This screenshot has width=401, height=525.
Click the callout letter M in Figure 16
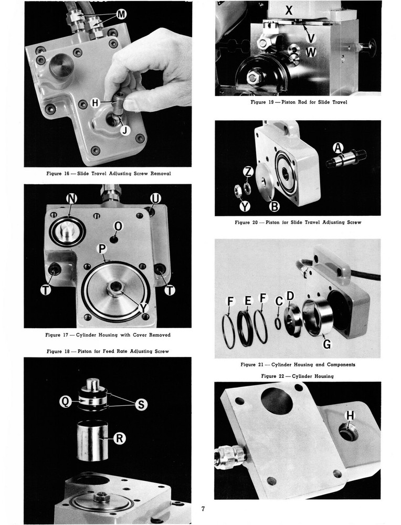(121, 15)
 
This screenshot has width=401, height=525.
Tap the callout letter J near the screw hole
(124, 131)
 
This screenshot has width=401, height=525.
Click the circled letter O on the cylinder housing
(119, 226)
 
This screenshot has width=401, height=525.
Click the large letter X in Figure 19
(289, 9)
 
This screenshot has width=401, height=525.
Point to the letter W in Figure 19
(311, 52)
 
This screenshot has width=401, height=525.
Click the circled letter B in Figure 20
(274, 206)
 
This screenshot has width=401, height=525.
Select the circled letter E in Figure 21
(248, 301)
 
